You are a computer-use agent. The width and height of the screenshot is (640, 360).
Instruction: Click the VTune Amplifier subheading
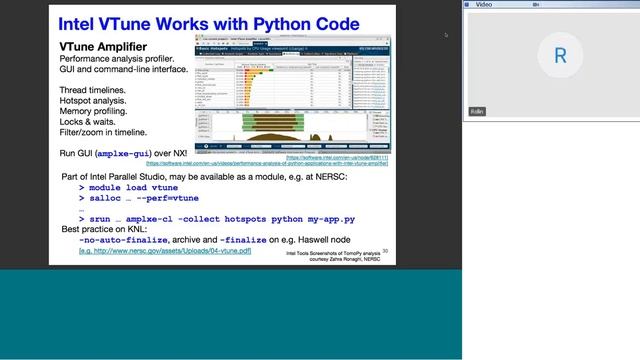pos(101,46)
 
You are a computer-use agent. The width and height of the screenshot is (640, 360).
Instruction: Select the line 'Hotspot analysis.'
pos(103,101)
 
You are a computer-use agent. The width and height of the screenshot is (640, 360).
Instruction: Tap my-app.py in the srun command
pos(324,219)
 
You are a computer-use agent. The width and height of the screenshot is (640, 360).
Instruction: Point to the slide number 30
pos(385,252)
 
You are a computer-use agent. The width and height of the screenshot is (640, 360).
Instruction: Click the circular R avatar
pos(560,56)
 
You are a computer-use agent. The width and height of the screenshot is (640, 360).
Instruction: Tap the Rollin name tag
pos(477,111)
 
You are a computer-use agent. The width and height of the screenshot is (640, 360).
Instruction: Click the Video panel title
pos(484,4)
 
